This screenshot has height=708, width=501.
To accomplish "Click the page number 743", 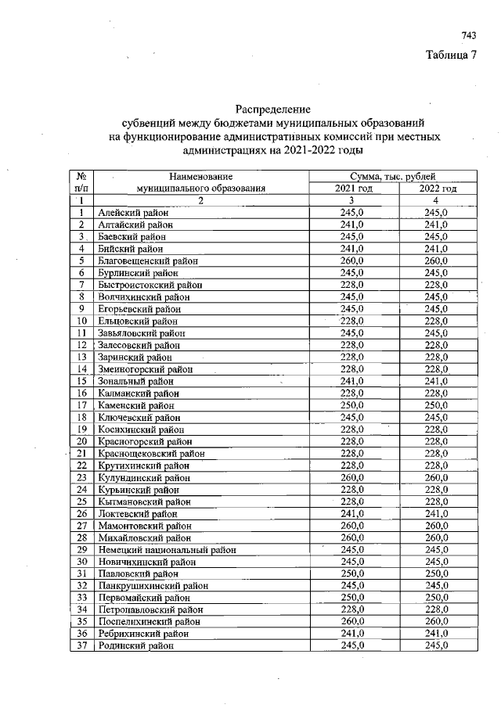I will click(x=469, y=35).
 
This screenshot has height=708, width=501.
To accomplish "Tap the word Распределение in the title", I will click(x=273, y=110).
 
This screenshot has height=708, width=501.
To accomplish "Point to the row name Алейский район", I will click(x=133, y=212).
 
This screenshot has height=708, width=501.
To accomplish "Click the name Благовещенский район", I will click(x=148, y=261).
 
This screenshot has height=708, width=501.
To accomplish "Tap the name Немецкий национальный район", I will click(x=167, y=550).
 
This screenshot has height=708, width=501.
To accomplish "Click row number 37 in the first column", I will click(x=81, y=645).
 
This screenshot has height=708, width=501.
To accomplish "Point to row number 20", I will click(x=81, y=441).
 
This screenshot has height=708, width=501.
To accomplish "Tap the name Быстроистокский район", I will click(x=150, y=285).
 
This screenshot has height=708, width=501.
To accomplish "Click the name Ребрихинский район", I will click(x=143, y=634).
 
